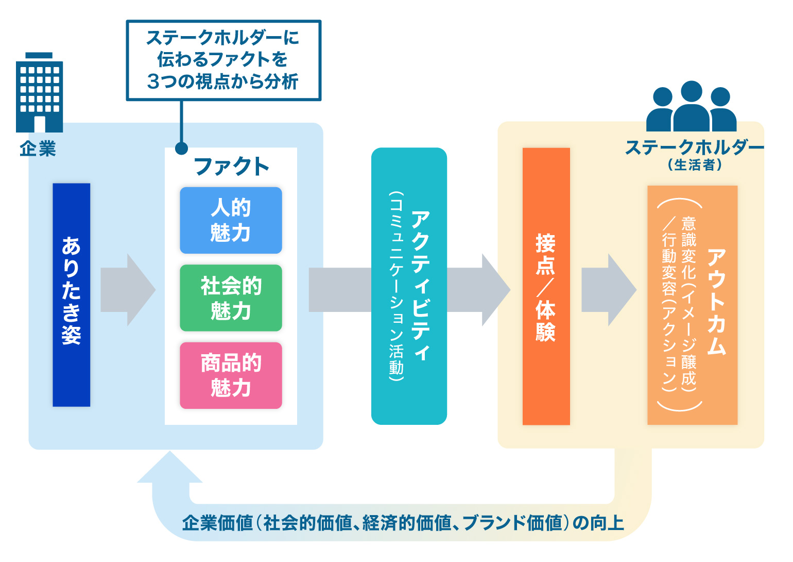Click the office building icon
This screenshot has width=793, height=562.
[x=40, y=93]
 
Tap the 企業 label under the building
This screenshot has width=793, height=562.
[x=38, y=149]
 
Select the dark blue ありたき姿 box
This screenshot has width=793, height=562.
[x=72, y=294]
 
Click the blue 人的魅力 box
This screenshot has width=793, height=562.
[x=231, y=220]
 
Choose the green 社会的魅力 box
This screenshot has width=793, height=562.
[x=231, y=297]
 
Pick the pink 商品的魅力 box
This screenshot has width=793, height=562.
[x=231, y=375]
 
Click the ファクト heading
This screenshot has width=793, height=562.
[x=231, y=167]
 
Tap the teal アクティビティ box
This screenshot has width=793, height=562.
[x=409, y=286]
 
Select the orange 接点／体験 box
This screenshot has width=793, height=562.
[x=546, y=286]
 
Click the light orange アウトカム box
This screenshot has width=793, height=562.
[x=692, y=305]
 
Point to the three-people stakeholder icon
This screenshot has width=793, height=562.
[x=691, y=107]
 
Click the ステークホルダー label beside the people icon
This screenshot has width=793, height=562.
[x=694, y=147]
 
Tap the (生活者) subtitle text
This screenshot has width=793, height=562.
[x=695, y=165]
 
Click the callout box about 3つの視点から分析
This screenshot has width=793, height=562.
[x=223, y=60]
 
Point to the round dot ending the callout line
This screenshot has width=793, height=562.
[x=181, y=148]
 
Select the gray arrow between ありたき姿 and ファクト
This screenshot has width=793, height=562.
[x=127, y=290]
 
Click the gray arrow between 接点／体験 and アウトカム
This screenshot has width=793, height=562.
[x=608, y=290]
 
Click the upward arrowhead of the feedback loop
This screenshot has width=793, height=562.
[x=170, y=469]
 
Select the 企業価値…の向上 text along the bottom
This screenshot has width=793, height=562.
[x=403, y=523]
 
